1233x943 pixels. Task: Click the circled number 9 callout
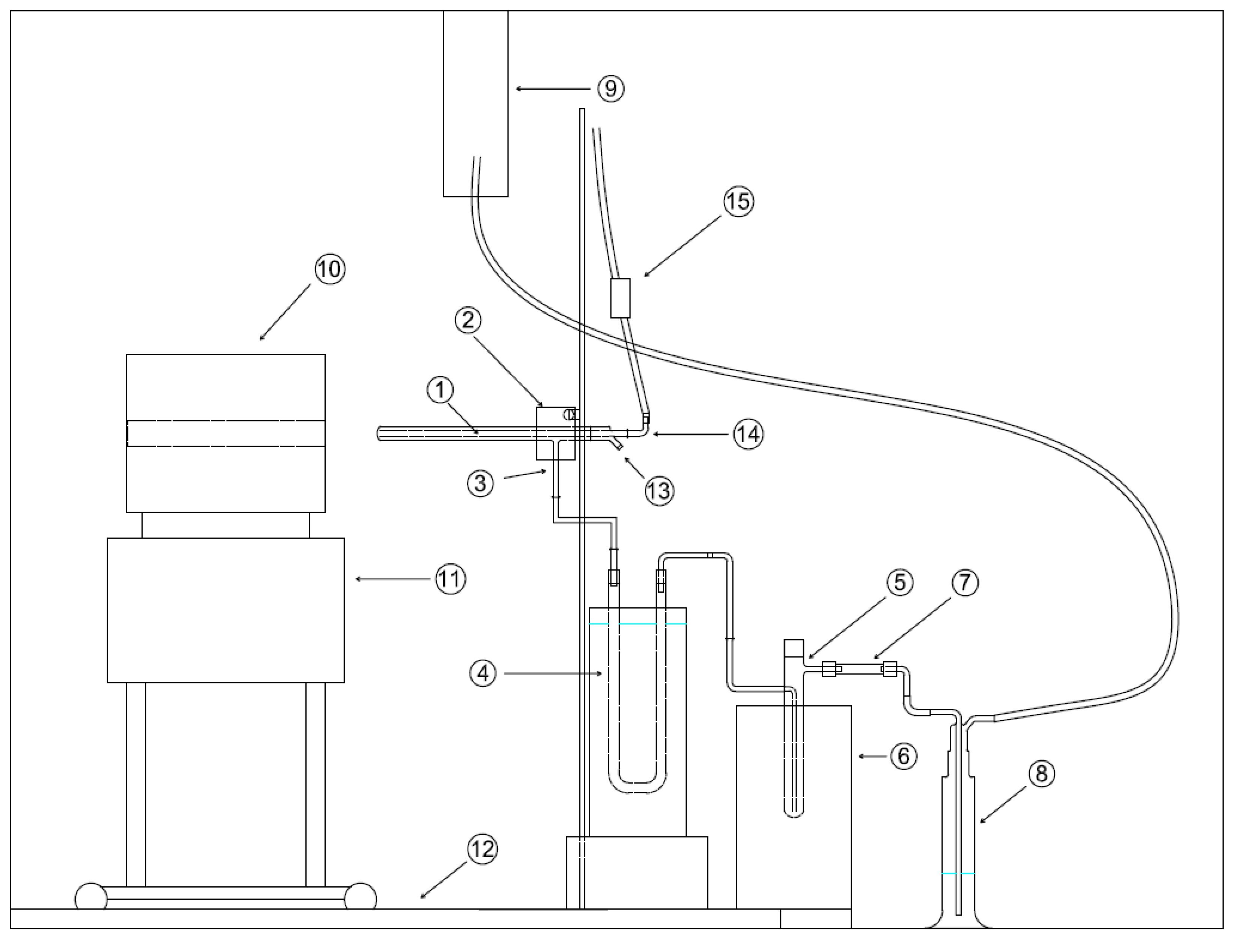(611, 89)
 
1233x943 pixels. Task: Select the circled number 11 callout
(450, 579)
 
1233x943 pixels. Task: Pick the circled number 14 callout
(749, 434)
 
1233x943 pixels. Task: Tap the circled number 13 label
(659, 491)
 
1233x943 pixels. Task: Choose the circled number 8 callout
(1042, 774)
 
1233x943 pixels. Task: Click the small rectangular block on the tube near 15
(620, 298)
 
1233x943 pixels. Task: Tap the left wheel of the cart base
(91, 896)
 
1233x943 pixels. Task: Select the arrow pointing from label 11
(393, 579)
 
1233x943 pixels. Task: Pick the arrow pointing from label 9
(553, 89)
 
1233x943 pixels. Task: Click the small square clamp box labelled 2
(555, 433)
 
